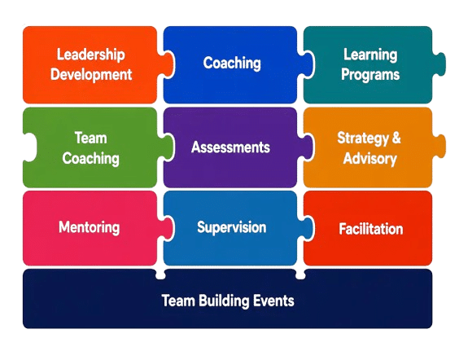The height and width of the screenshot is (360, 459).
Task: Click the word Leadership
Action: point(91,55)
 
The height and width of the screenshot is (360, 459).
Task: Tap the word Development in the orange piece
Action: point(91,75)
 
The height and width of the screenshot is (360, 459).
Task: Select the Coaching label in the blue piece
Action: point(232,64)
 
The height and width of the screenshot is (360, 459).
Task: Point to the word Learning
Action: point(370,55)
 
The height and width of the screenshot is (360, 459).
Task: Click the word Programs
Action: point(370,75)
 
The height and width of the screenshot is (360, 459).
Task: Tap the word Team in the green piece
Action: point(91,138)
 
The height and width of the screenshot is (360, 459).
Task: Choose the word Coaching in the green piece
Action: point(91,159)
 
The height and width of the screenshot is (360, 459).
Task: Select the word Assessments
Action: point(230,147)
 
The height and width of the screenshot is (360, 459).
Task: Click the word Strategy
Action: point(363,138)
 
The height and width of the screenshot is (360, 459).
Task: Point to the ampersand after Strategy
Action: point(396,138)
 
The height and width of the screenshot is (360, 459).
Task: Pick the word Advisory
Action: point(370,159)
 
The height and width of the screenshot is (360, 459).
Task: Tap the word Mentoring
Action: point(90,227)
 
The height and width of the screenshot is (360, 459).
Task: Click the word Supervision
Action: point(232,227)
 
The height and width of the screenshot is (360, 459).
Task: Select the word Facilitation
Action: point(371,229)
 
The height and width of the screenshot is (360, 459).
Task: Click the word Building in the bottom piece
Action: point(224,301)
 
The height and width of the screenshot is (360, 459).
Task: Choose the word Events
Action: point(273,301)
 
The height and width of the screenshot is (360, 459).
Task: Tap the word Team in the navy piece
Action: point(178,301)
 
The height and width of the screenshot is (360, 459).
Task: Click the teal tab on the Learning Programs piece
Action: point(439,64)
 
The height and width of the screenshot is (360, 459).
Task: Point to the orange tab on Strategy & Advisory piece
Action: point(439,146)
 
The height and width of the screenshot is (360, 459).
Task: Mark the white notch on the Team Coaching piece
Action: point(29,147)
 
